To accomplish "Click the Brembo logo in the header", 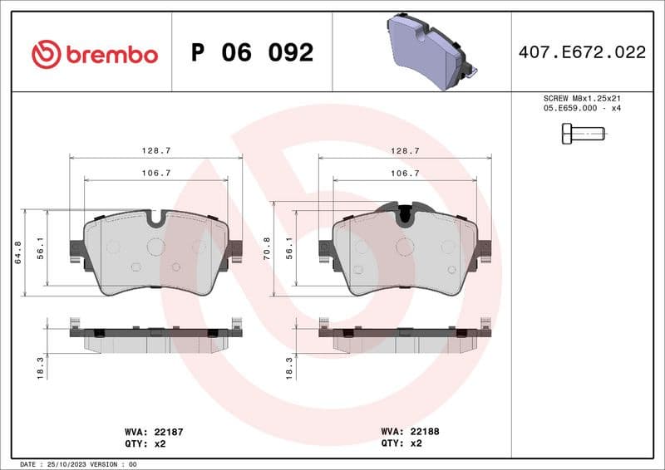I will pyautogui.click(x=94, y=54).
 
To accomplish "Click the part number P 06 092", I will pyautogui.click(x=252, y=53).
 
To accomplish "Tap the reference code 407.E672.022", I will pyautogui.click(x=581, y=52).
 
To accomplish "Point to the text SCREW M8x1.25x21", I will pyautogui.click(x=582, y=98).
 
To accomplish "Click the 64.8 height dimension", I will pyautogui.click(x=19, y=252).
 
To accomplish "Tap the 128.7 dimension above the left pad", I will pyautogui.click(x=155, y=151).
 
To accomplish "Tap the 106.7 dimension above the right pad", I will pyautogui.click(x=404, y=173).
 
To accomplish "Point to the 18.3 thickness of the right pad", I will pyautogui.click(x=289, y=366).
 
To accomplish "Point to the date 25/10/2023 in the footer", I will pyautogui.click(x=67, y=464).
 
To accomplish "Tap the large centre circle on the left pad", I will pyautogui.click(x=155, y=246).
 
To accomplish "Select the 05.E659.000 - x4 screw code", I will pyautogui.click(x=582, y=108).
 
